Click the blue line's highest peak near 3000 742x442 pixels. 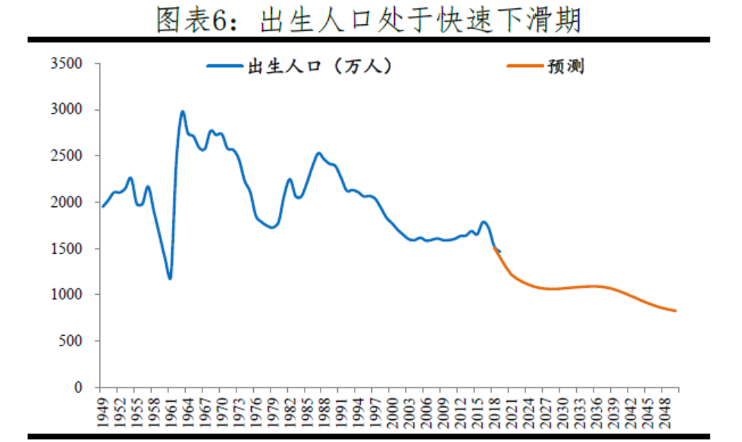pos(183,112)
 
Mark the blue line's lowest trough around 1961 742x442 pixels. pos(170,278)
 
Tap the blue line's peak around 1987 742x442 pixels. pos(319,154)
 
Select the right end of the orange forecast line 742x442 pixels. pos(675,311)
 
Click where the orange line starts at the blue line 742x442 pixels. pos(494,247)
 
